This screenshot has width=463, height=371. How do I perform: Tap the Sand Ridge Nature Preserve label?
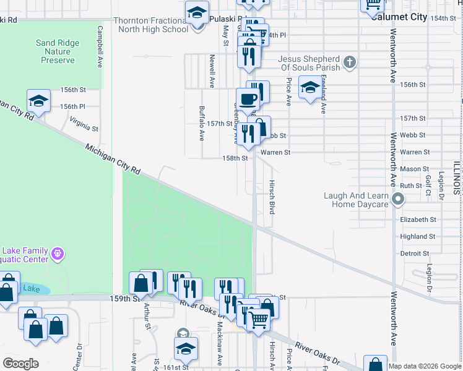tap(58, 51)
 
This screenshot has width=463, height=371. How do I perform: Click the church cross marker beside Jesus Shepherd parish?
tap(350, 62)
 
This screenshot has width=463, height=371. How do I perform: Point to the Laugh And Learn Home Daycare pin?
tap(398, 200)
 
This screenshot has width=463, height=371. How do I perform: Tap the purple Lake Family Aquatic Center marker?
tap(58, 254)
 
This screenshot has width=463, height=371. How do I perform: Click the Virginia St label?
tap(84, 124)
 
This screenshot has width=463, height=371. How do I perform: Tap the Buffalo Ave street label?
tap(202, 123)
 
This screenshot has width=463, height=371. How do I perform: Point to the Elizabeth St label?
tap(418, 220)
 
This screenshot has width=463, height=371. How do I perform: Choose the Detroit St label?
tap(415, 254)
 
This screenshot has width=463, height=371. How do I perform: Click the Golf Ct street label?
tap(428, 185)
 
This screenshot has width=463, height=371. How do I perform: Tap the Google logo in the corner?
tap(20, 364)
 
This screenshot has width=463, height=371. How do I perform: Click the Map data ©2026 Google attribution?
tap(425, 366)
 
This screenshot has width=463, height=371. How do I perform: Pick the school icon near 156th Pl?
tap(38, 101)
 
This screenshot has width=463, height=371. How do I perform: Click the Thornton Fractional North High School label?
tap(151, 25)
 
